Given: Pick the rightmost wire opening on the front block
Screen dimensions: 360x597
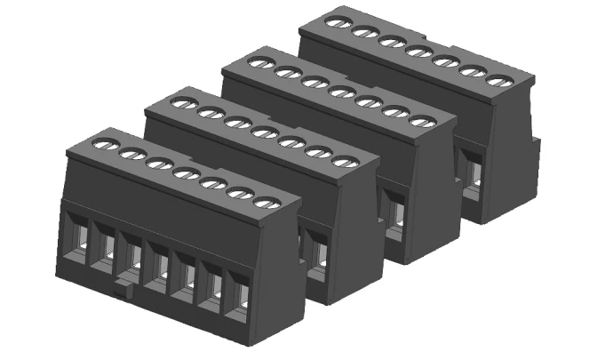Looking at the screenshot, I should pyautogui.click(x=238, y=299).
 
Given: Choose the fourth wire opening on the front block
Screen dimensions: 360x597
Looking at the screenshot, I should pyautogui.click(x=160, y=268).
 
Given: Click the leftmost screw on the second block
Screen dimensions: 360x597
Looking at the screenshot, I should pyautogui.click(x=182, y=103).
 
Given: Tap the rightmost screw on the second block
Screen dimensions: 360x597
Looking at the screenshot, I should pyautogui.click(x=342, y=161).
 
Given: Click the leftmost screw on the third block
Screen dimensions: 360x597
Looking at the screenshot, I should pyautogui.click(x=259, y=63).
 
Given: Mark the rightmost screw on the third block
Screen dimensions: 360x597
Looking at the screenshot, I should pyautogui.click(x=422, y=121).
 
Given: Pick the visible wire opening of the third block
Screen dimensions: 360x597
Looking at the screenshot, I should pyautogui.click(x=394, y=213).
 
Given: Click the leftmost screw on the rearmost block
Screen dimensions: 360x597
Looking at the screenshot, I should pyautogui.click(x=337, y=21).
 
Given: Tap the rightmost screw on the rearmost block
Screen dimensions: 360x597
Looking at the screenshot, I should pyautogui.click(x=499, y=82).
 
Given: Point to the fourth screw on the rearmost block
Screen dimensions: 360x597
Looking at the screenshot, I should pyautogui.click(x=414, y=50).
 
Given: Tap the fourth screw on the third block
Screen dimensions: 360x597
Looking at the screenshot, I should pyautogui.click(x=338, y=91).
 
